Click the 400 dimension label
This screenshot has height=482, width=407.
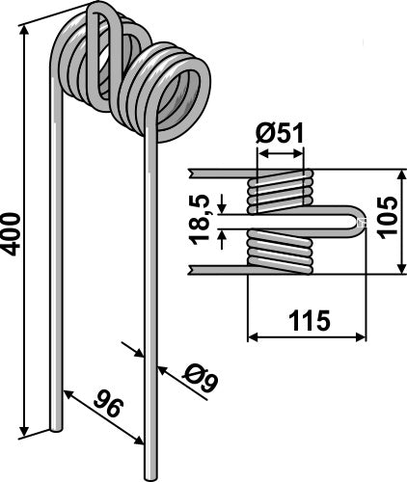pos(11,233)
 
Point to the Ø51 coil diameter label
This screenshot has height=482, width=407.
pos(280,133)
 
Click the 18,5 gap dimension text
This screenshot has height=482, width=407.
pos(200,221)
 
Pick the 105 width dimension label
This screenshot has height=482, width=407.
pos(387,218)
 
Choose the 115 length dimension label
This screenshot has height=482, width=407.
pos(310,320)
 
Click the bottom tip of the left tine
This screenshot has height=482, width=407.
pos(56,430)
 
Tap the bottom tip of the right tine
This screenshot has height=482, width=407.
pos(150,479)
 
